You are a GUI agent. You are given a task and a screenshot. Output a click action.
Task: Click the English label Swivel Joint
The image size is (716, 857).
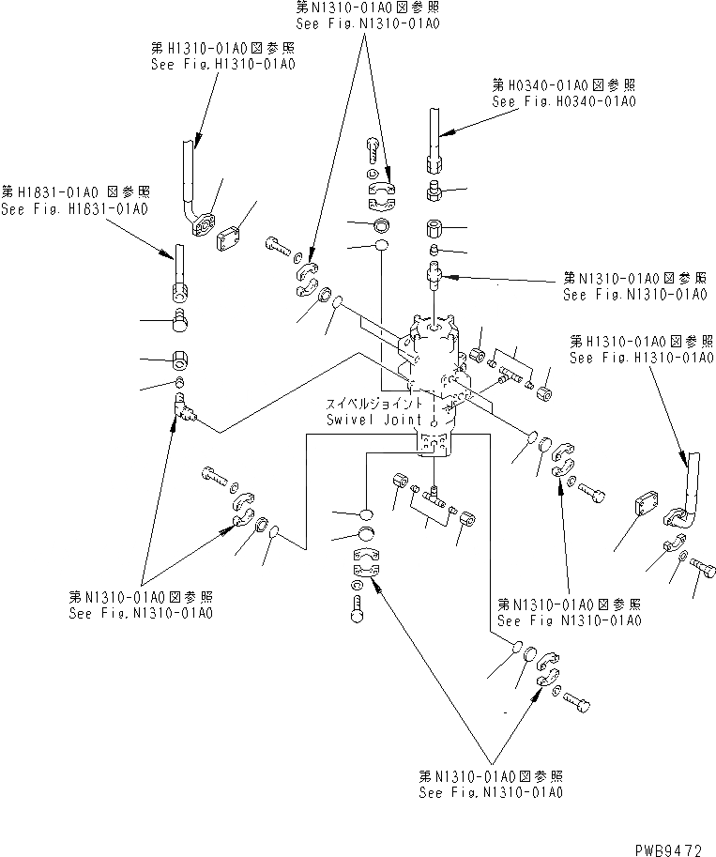click(364, 420)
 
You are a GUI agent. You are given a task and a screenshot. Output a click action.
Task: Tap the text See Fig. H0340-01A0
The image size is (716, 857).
click(563, 100)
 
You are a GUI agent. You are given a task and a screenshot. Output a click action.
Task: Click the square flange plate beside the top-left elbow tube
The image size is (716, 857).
click(229, 240)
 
